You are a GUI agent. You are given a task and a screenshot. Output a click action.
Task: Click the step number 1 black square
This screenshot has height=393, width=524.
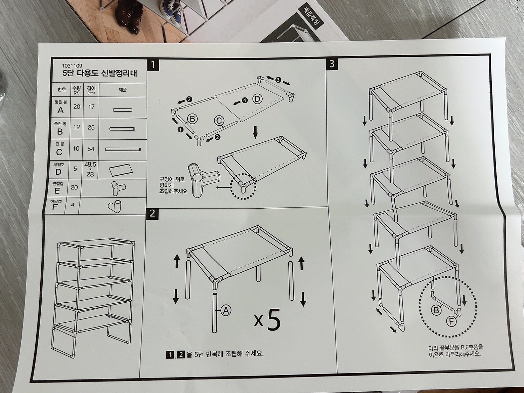click(x=153, y=65)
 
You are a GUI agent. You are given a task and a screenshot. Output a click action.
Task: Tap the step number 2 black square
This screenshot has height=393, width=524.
click(x=152, y=213)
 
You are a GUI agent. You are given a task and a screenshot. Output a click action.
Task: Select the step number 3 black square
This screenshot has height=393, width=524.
click(x=332, y=64)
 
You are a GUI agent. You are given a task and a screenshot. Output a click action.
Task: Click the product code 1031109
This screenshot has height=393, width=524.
click(x=72, y=65)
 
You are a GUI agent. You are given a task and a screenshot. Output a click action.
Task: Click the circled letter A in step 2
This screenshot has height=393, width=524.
click(x=226, y=310)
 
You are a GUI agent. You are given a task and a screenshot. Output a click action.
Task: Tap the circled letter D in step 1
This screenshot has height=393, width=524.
click(x=257, y=99)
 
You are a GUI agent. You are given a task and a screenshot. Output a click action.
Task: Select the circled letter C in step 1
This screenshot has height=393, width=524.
click(x=219, y=121)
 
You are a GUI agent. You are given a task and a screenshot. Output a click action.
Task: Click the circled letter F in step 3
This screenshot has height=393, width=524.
click(x=451, y=322)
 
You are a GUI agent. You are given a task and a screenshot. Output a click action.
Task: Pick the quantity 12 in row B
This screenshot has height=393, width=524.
click(x=76, y=127)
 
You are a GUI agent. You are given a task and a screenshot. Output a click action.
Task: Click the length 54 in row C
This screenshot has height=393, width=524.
click(x=91, y=149)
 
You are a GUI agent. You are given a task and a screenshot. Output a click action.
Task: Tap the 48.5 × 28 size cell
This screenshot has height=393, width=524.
click(x=90, y=169)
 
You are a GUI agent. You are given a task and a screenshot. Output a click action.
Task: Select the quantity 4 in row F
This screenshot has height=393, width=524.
click(x=73, y=205)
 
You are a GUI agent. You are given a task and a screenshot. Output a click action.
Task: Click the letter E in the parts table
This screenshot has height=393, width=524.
click(x=57, y=191)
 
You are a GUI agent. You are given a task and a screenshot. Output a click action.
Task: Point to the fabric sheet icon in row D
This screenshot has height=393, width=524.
click(x=121, y=170)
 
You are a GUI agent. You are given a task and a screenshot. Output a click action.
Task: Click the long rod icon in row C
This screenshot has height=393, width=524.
click(x=123, y=149)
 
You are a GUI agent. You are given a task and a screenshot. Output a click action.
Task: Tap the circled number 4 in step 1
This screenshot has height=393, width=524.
click(x=245, y=100)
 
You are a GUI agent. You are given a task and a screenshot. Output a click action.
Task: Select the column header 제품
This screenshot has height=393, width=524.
click(x=123, y=90)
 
